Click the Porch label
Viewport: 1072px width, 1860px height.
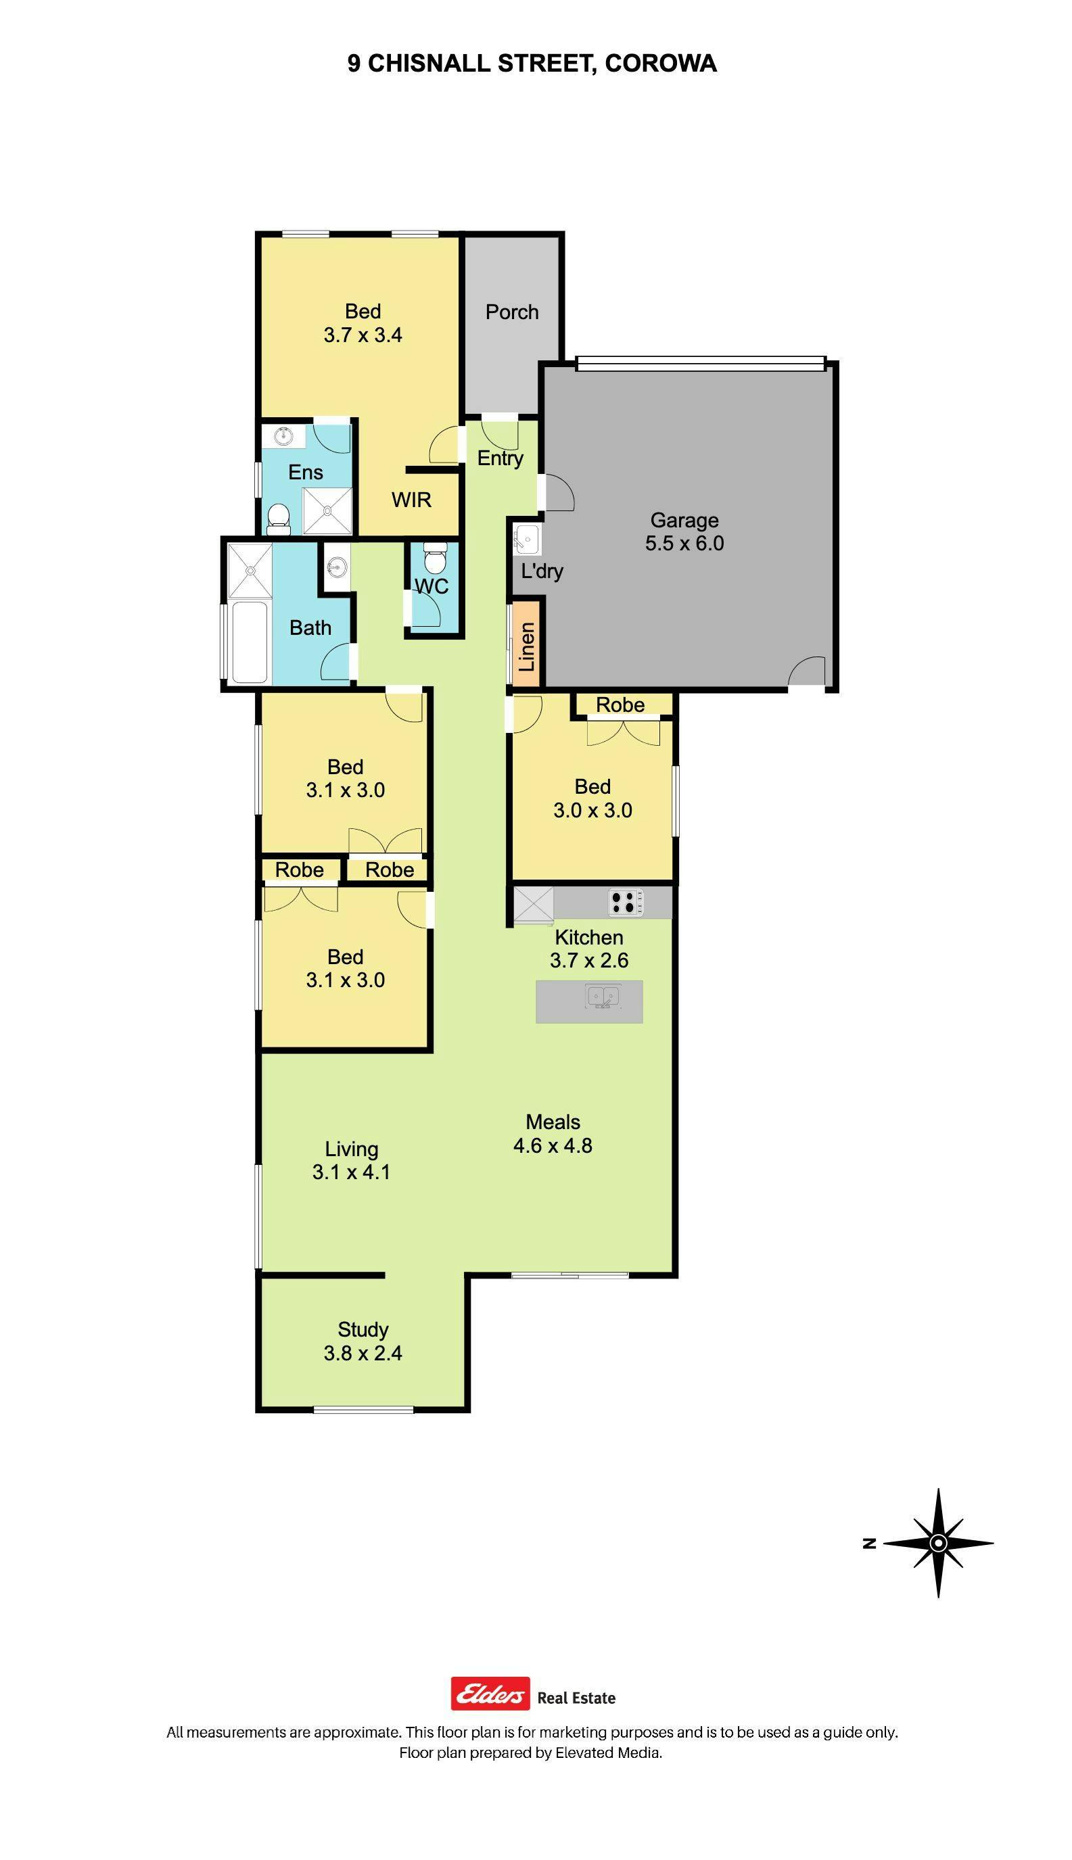(512, 312)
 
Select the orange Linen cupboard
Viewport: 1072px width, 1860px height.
(527, 645)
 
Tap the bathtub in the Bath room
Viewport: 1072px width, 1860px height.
(248, 642)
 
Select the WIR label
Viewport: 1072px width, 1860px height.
(412, 500)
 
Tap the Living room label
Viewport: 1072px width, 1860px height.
(352, 1149)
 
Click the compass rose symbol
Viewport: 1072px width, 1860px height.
(938, 1543)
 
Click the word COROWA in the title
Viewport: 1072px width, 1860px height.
(660, 64)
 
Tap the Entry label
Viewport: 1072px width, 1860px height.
(500, 458)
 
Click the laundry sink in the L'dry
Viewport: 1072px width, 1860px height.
(526, 540)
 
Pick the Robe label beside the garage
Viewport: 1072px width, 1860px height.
(620, 705)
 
